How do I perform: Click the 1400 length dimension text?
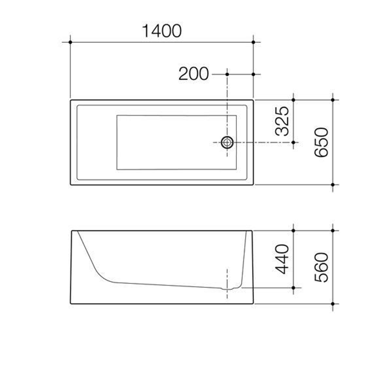(x=162, y=31)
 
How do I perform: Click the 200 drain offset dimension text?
(x=193, y=74)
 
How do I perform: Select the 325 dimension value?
(x=282, y=121)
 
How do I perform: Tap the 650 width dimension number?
(x=322, y=142)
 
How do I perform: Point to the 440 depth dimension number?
(x=282, y=259)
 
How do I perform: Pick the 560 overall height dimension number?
(x=322, y=267)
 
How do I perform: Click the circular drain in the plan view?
(x=227, y=143)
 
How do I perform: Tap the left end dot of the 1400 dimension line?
(x=70, y=42)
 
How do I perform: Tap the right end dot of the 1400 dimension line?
(x=253, y=42)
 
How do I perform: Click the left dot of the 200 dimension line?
(x=227, y=74)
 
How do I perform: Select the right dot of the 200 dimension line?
(x=253, y=74)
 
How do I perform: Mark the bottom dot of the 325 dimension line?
(x=293, y=143)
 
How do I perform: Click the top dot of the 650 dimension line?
(x=332, y=100)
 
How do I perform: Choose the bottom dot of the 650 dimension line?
(x=332, y=185)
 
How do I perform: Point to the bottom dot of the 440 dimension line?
(x=293, y=287)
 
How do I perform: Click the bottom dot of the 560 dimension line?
(x=332, y=304)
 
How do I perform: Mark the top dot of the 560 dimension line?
(x=332, y=230)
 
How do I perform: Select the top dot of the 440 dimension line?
(x=293, y=230)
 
